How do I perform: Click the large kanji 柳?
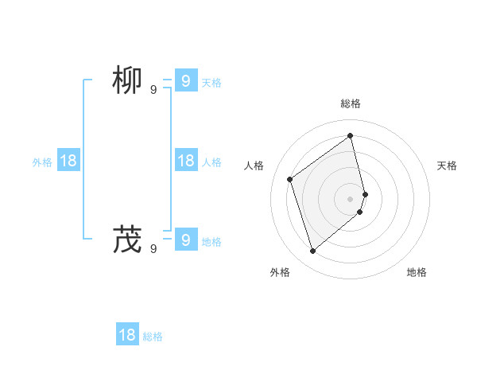(127, 81)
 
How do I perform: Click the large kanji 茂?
(127, 239)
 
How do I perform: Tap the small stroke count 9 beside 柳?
(153, 90)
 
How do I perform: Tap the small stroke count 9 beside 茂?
(153, 248)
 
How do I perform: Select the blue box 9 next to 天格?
(185, 81)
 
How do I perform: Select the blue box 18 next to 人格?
(185, 161)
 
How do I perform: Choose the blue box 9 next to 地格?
(185, 239)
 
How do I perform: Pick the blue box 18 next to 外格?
(68, 161)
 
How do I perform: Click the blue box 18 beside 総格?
(127, 335)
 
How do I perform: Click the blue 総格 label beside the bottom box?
(153, 337)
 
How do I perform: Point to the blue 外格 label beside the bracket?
(42, 162)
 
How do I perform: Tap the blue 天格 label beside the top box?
(211, 83)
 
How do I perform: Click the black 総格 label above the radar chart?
(351, 103)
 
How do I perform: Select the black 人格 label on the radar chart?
(254, 166)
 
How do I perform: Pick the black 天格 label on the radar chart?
(447, 166)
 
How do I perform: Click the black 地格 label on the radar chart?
(417, 272)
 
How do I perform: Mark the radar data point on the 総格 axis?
(351, 135)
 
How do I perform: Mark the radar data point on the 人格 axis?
(290, 179)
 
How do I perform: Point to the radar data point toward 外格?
(313, 251)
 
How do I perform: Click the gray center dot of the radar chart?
(351, 198)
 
